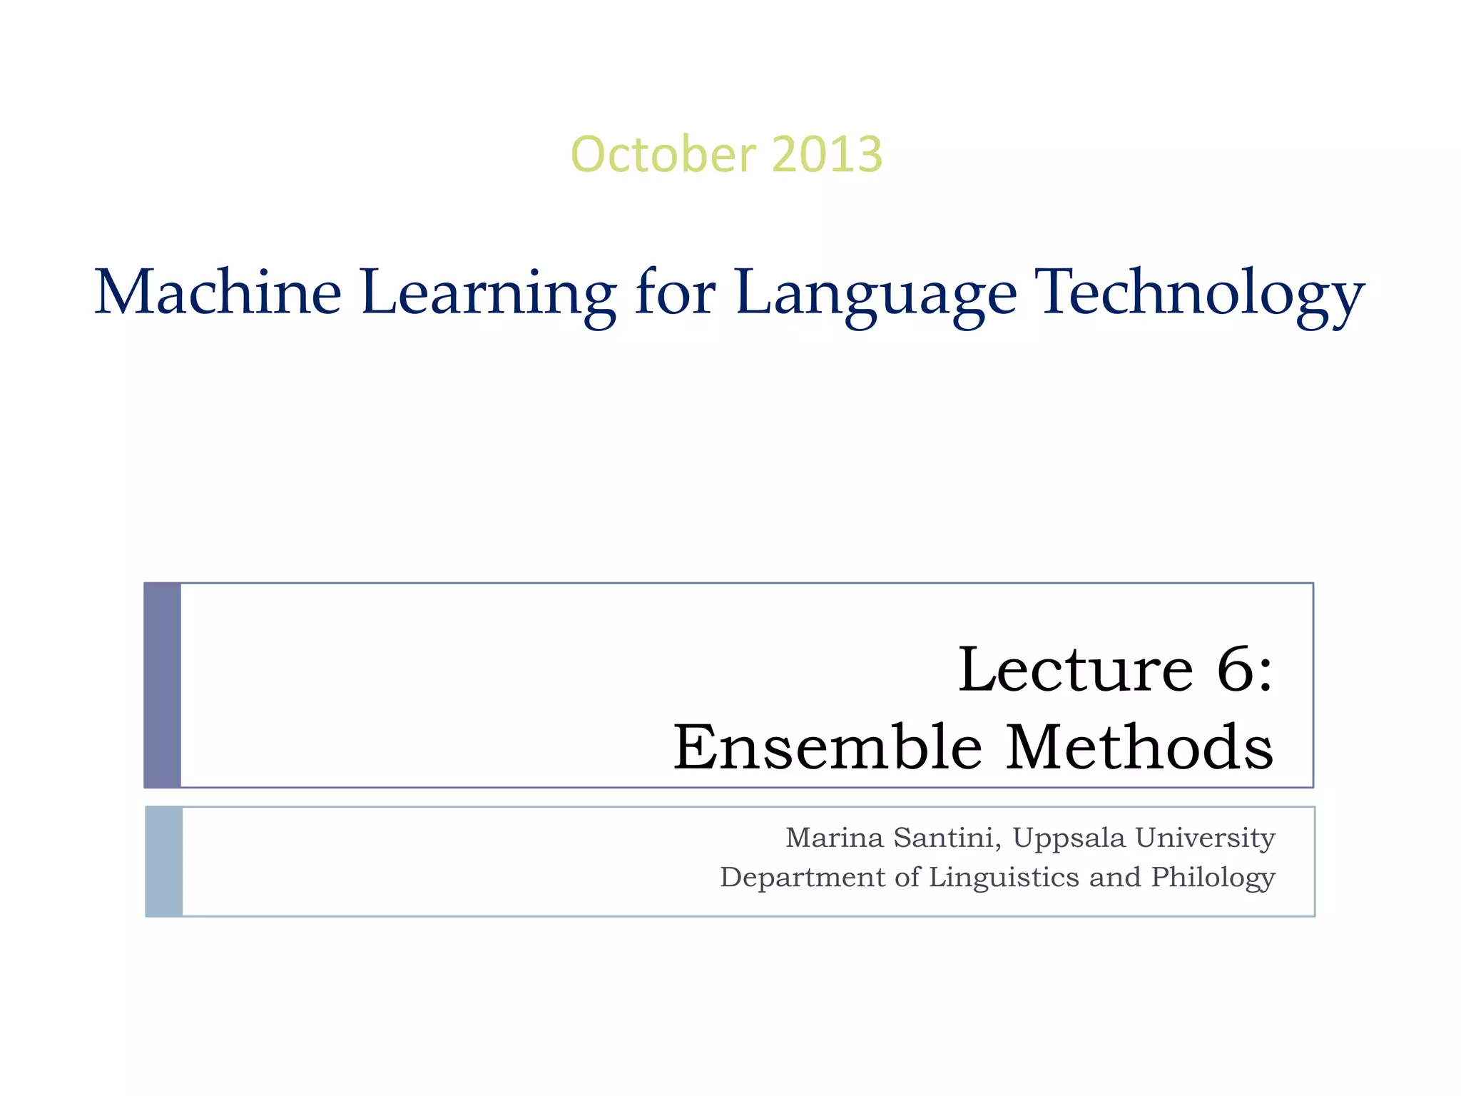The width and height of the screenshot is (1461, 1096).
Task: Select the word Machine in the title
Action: coord(218,292)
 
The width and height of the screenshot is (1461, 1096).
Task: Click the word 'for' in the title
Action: coord(675,292)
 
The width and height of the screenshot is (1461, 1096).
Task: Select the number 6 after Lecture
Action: coord(1238,670)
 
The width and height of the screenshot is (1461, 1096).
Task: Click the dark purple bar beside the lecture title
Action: coord(163,685)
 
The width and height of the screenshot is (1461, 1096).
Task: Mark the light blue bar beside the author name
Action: coord(164,861)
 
